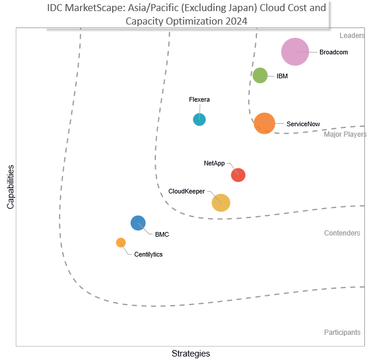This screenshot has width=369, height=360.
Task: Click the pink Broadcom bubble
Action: [295, 51]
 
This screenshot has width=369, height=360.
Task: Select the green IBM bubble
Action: [260, 75]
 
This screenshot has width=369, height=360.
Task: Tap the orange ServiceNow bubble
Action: [264, 123]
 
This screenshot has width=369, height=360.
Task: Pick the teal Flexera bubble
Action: [199, 119]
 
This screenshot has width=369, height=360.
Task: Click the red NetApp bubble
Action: [238, 175]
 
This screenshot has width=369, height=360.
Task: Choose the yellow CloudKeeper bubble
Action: [221, 203]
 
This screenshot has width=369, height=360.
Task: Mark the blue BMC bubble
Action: [138, 223]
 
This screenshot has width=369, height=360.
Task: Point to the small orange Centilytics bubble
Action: [121, 243]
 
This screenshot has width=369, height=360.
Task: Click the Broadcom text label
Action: [333, 52]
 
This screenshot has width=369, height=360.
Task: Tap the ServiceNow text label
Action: [303, 124]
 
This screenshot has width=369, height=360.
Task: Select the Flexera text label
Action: [199, 99]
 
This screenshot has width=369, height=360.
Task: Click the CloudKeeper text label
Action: [186, 191]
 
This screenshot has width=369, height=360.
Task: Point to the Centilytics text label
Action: [148, 254]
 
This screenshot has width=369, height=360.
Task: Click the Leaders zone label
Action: [352, 35]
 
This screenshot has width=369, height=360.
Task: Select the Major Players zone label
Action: [345, 134]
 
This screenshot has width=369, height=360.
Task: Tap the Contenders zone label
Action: [342, 233]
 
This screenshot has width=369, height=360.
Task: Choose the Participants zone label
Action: [342, 332]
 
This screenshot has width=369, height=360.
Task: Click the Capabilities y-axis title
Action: [11, 187]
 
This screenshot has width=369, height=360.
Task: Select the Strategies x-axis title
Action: [191, 354]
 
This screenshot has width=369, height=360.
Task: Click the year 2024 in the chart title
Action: [236, 21]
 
